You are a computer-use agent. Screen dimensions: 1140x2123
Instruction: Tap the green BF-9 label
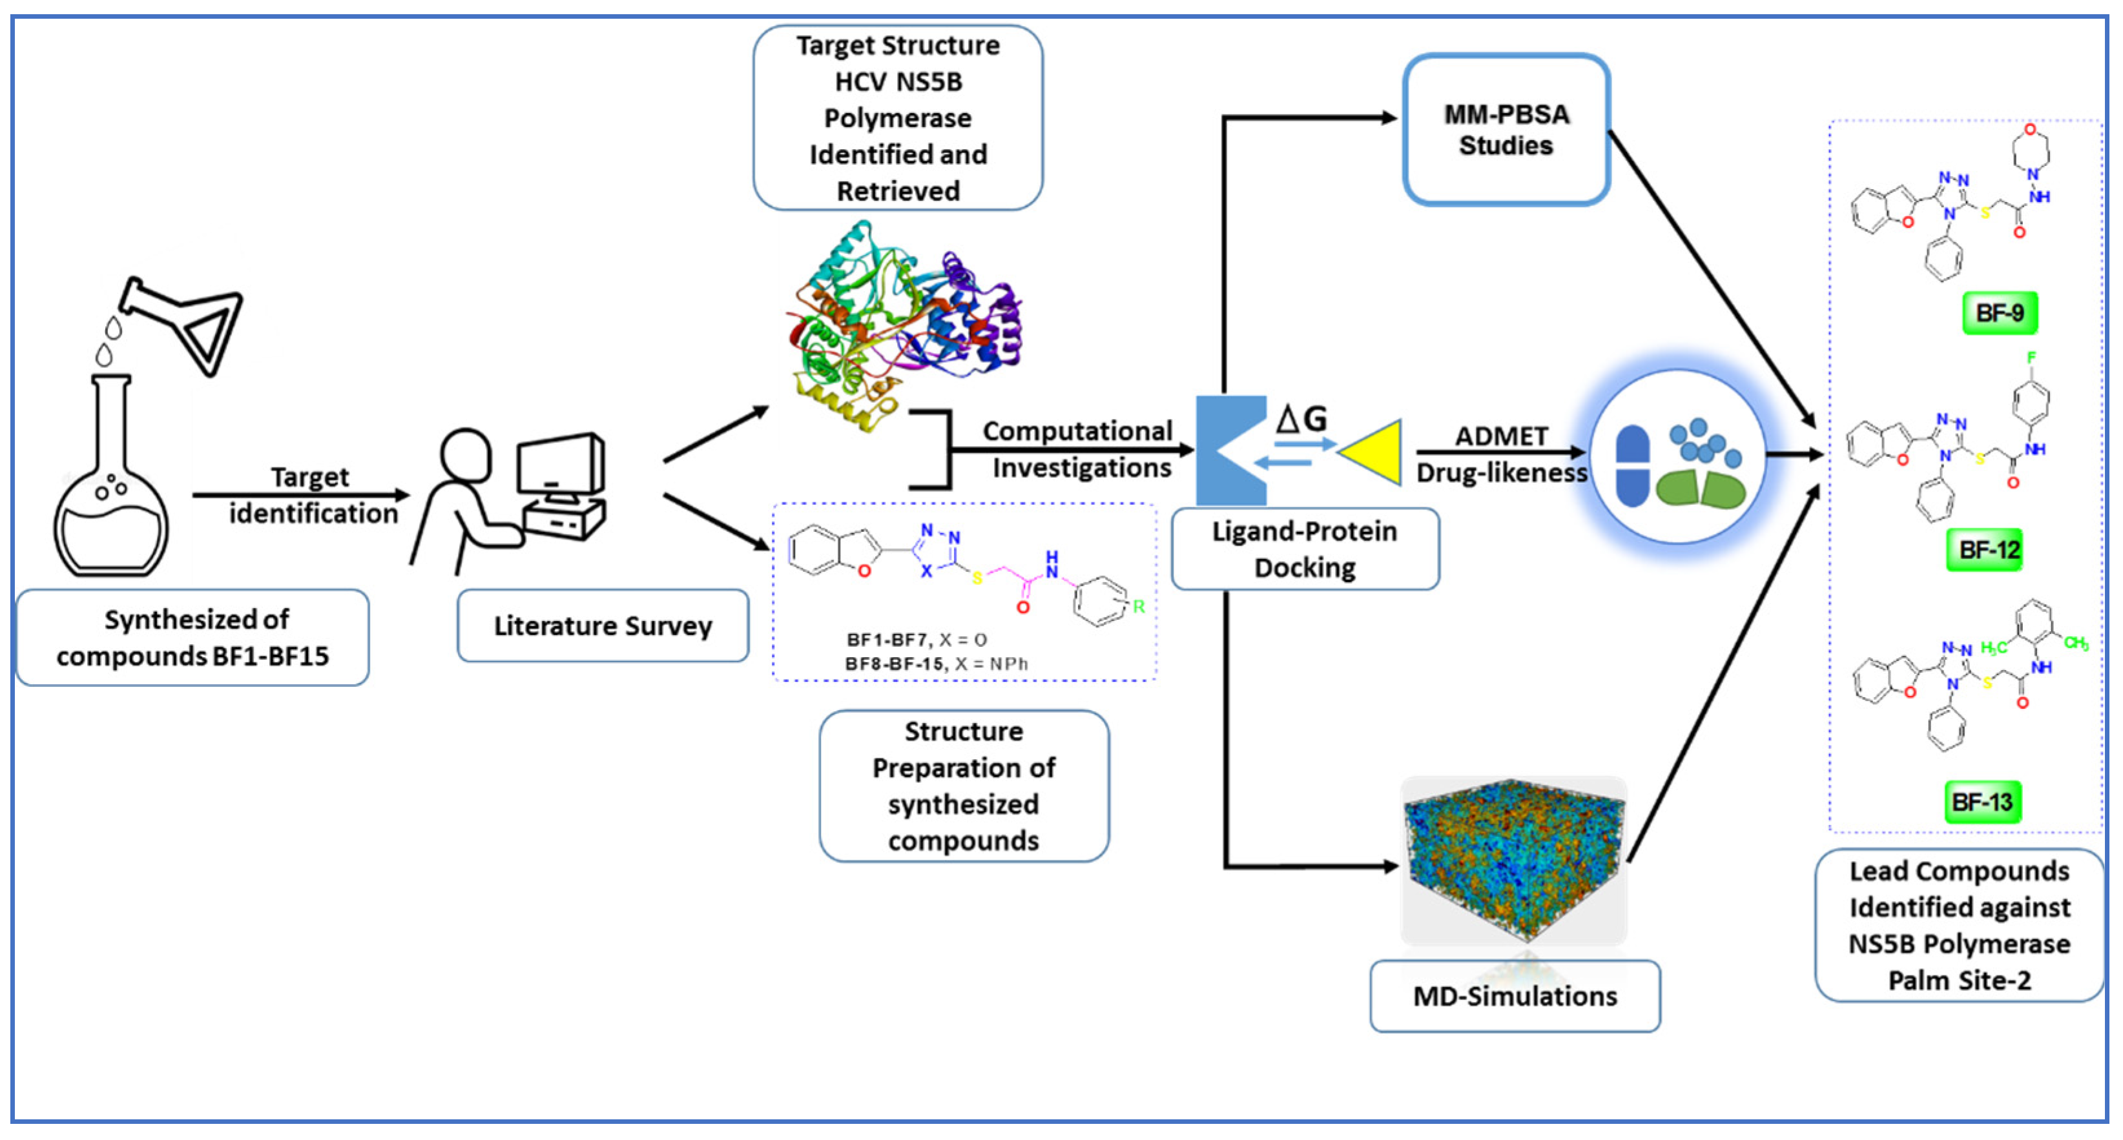pos(2000,313)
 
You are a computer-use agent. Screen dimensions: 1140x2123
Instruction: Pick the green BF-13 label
pos(1982,802)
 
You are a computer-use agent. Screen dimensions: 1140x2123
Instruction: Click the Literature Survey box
pos(603,626)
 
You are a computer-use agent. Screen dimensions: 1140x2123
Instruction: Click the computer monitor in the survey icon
pos(561,465)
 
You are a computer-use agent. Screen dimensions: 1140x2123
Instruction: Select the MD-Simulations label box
pos(1514,996)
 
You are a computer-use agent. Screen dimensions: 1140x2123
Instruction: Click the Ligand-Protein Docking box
pos(1304,549)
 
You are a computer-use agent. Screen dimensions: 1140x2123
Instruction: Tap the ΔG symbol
pos(1301,418)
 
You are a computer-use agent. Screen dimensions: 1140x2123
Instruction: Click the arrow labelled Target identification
pos(301,495)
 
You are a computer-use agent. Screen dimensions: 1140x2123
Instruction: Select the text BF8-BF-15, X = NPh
pos(937,664)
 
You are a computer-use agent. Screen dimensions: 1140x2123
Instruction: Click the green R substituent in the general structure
pos(1138,607)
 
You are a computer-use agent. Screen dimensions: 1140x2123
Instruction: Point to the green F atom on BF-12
pos(2031,358)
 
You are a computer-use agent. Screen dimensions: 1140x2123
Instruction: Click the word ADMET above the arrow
pos(1501,436)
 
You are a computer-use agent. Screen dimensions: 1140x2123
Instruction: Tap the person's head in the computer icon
pos(466,454)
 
